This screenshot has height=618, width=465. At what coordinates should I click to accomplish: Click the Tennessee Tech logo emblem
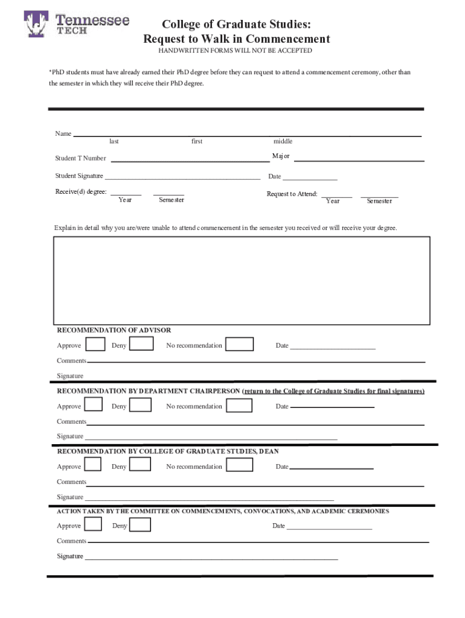click(x=36, y=24)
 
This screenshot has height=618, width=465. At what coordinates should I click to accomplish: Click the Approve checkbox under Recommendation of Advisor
click(x=95, y=345)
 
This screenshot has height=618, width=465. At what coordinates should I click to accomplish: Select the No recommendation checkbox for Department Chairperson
click(x=240, y=406)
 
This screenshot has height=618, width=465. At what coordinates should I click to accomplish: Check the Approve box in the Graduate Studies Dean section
click(x=92, y=465)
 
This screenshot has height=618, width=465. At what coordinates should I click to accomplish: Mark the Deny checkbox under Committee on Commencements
click(x=140, y=525)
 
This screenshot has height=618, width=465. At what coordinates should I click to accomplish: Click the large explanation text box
click(x=242, y=281)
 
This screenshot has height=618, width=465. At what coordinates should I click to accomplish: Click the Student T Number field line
click(x=190, y=161)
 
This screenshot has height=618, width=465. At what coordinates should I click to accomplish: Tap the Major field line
click(x=359, y=160)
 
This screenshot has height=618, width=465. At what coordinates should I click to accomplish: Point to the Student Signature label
click(x=79, y=176)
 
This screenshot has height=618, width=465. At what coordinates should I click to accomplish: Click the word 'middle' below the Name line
click(x=283, y=141)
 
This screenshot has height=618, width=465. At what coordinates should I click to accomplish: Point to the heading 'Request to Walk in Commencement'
click(x=236, y=39)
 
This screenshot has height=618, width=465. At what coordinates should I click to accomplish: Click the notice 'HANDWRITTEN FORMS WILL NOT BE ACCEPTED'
click(x=236, y=51)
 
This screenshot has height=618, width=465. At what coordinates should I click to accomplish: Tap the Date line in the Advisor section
click(x=333, y=348)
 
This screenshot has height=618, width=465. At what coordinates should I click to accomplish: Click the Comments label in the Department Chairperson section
click(x=71, y=421)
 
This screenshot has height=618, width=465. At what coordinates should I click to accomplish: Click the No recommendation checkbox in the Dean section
click(x=240, y=465)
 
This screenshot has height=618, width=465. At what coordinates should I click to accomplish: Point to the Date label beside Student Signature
click(x=275, y=177)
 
